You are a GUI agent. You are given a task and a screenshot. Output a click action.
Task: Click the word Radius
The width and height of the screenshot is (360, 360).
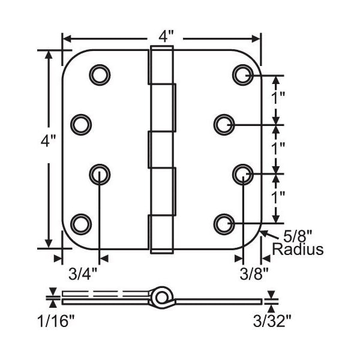(x=298, y=249)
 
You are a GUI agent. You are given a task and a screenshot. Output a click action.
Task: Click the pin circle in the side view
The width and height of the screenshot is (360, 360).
(x=160, y=297)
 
